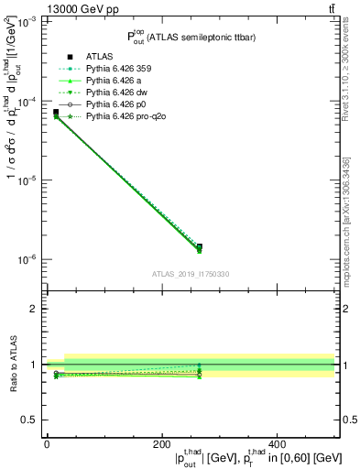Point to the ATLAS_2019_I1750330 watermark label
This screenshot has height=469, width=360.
pos(190,274)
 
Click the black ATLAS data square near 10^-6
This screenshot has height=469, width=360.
pos(200,247)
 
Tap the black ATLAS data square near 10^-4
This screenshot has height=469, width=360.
pos(56,113)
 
